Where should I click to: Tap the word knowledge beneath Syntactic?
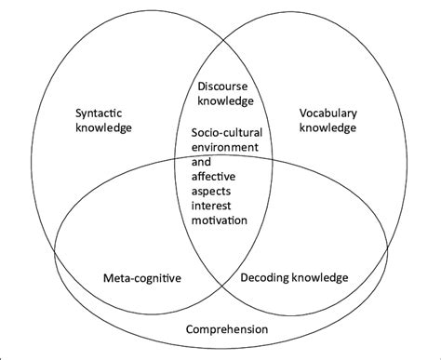[103, 128]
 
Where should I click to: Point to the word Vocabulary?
[327, 113]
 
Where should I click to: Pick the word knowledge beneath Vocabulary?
[327, 128]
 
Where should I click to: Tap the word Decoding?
[268, 276]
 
